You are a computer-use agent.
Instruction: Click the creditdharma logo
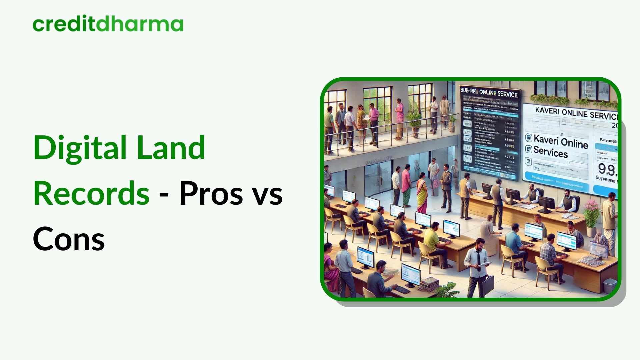coord(108,24)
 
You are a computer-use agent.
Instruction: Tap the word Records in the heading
coord(91,193)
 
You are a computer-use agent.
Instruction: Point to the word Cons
coord(69,239)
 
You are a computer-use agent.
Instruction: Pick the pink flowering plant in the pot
coord(591,213)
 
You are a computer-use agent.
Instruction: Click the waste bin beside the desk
coord(610,286)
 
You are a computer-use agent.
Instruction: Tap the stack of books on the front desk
coord(428,284)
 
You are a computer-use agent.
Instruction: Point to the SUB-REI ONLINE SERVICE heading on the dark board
coord(489,93)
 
